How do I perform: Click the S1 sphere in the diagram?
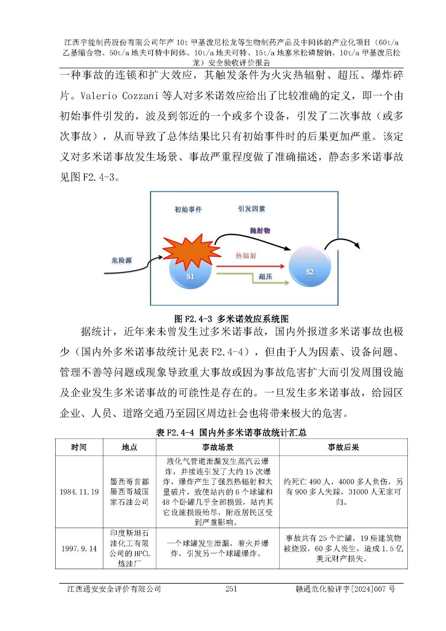click(189, 274)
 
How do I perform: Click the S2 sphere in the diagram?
click(310, 267)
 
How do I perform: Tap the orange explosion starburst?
click(191, 250)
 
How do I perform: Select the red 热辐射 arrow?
click(250, 266)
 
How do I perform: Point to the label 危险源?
click(121, 260)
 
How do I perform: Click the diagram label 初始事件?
click(188, 209)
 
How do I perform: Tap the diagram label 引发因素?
click(252, 209)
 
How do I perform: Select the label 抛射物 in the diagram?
click(260, 230)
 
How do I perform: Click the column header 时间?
click(79, 447)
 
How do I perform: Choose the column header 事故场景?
click(218, 447)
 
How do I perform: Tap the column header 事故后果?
click(343, 447)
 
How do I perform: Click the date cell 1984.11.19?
click(79, 492)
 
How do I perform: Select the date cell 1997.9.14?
click(79, 549)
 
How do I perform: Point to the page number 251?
click(231, 589)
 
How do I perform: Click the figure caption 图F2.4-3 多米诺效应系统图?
click(231, 319)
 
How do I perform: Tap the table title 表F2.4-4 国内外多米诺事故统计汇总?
click(231, 433)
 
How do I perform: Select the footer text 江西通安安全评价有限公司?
click(114, 589)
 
